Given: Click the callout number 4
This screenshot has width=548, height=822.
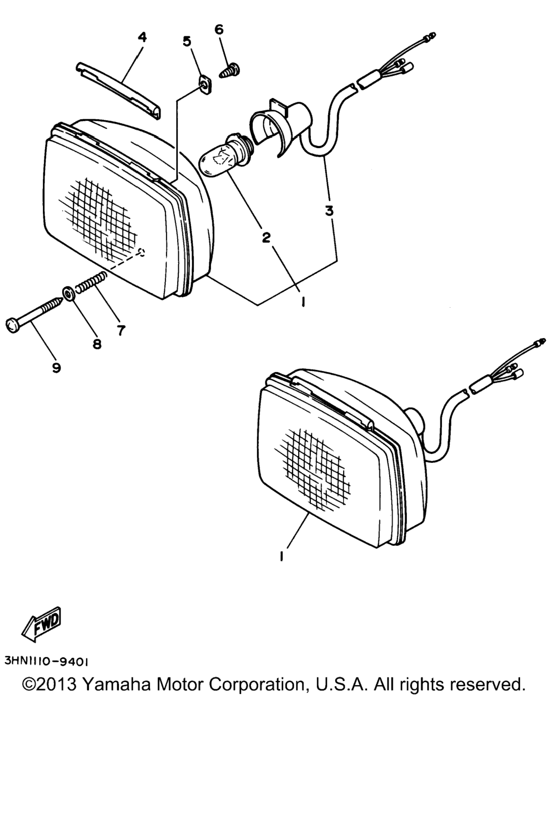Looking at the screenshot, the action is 142,37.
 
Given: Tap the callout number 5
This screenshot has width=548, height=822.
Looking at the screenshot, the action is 187,41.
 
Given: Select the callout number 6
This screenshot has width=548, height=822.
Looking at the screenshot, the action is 219,29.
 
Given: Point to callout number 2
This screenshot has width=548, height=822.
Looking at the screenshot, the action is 266,237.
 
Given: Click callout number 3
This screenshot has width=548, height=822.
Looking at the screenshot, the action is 329,211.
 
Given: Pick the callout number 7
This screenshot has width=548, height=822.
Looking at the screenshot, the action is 121,330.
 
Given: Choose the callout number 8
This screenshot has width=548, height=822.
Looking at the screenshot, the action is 97,344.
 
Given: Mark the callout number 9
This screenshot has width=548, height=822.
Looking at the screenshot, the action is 56,367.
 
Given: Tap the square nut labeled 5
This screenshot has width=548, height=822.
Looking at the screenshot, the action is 206,86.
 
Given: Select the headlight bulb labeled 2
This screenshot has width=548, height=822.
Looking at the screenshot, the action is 225,155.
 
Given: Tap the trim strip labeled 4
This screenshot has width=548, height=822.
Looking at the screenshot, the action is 118,90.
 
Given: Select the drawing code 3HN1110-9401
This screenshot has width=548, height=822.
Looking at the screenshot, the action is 46,661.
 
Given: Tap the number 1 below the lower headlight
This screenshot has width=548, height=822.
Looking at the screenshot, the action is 281,557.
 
